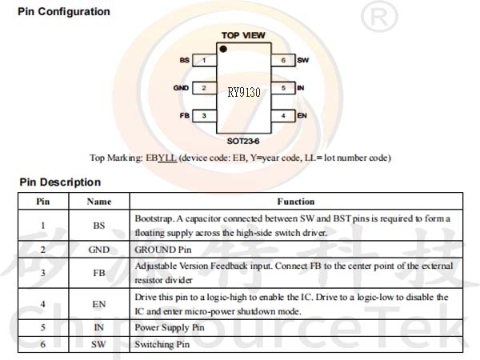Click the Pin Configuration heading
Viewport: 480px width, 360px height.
pyautogui.click(x=63, y=12)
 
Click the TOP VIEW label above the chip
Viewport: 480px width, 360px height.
pyautogui.click(x=242, y=36)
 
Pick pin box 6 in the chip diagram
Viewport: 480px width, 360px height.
pyautogui.click(x=283, y=60)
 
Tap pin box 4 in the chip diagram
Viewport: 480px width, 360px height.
pyautogui.click(x=283, y=116)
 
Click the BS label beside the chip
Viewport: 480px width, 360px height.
pyautogui.click(x=185, y=60)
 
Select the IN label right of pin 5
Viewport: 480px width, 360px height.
pyautogui.click(x=300, y=88)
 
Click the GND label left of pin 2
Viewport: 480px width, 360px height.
pyautogui.click(x=182, y=88)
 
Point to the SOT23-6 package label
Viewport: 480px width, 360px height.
pyautogui.click(x=242, y=140)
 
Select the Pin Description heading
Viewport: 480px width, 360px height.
pyautogui.click(x=60, y=182)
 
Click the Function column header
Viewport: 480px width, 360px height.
pyautogui.click(x=296, y=202)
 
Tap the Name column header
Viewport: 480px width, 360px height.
pyautogui.click(x=99, y=202)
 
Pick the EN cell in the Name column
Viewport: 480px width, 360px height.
pyautogui.click(x=99, y=304)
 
